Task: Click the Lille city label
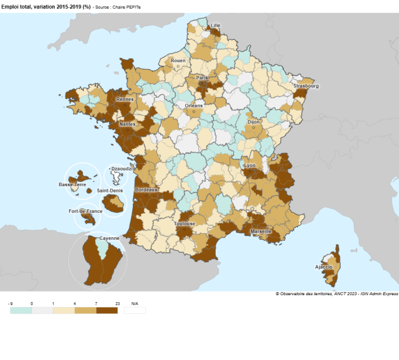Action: coord(216,26)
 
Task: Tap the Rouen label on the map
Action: coord(178,61)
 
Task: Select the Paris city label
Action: coord(202,78)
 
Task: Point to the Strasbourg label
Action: coord(305,86)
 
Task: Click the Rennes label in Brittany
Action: coord(125,99)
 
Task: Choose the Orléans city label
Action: coord(194,105)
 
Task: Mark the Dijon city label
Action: coord(254,123)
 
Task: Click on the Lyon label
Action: coord(250,166)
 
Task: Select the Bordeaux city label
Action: coord(147,189)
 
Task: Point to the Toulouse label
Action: coord(185,224)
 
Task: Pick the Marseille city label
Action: coord(261,231)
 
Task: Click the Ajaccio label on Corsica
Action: coord(324,267)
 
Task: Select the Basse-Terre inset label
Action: coord(72,185)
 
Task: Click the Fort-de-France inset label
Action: coord(85,212)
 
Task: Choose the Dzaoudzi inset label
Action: coord(120,169)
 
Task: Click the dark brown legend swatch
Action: coord(107,310)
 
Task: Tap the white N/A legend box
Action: coord(135,310)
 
